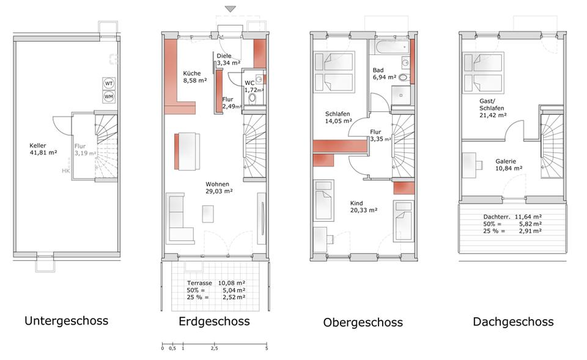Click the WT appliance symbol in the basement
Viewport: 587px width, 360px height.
(x=109, y=83)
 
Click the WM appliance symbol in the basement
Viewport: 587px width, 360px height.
(x=109, y=97)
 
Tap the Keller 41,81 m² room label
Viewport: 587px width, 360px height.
(x=43, y=149)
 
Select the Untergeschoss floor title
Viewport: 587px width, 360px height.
(x=66, y=320)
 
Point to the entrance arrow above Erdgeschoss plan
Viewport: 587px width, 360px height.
(x=230, y=9)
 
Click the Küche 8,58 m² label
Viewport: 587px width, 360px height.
(x=195, y=76)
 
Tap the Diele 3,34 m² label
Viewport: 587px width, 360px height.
(x=227, y=59)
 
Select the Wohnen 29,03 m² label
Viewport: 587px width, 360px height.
(x=218, y=187)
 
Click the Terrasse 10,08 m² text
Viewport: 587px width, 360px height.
(x=216, y=283)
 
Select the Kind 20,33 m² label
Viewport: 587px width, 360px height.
(x=363, y=207)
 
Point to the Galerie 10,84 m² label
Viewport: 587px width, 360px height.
(x=509, y=164)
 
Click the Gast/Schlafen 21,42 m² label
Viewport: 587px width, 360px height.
(x=492, y=111)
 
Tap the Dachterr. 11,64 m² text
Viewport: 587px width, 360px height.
(x=512, y=216)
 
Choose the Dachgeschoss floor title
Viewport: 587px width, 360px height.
(x=513, y=321)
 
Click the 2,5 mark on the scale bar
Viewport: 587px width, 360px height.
(x=214, y=349)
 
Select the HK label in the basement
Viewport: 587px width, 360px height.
(x=65, y=171)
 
